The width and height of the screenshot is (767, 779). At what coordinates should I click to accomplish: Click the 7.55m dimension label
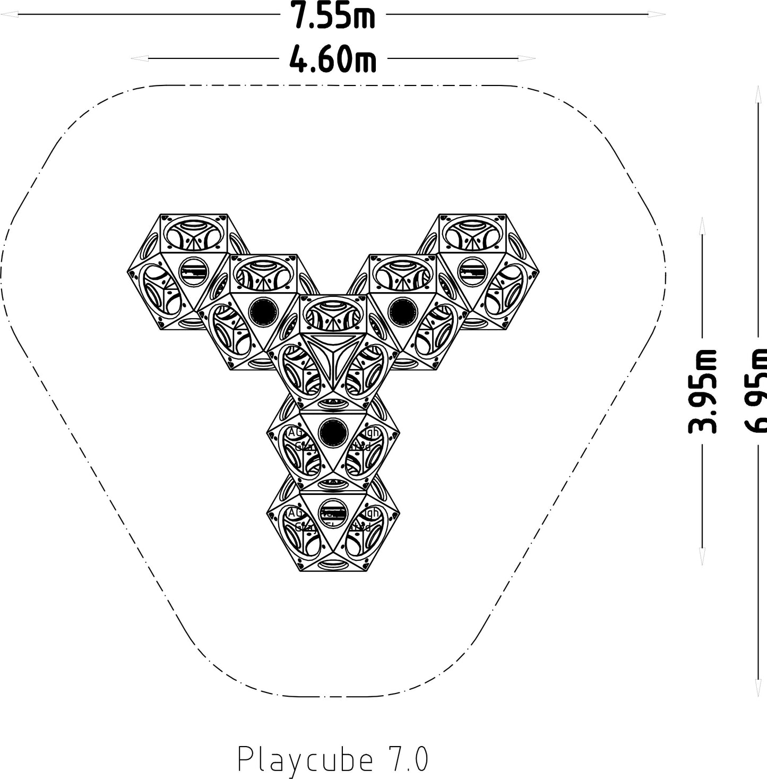coord(333,16)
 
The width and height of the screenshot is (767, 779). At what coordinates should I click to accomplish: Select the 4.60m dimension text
coord(333,58)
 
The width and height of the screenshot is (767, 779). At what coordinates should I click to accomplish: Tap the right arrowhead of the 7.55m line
coord(658,15)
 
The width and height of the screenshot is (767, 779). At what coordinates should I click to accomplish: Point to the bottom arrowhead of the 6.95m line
coord(755,688)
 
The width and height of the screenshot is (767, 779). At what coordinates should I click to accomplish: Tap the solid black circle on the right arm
coord(401,311)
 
